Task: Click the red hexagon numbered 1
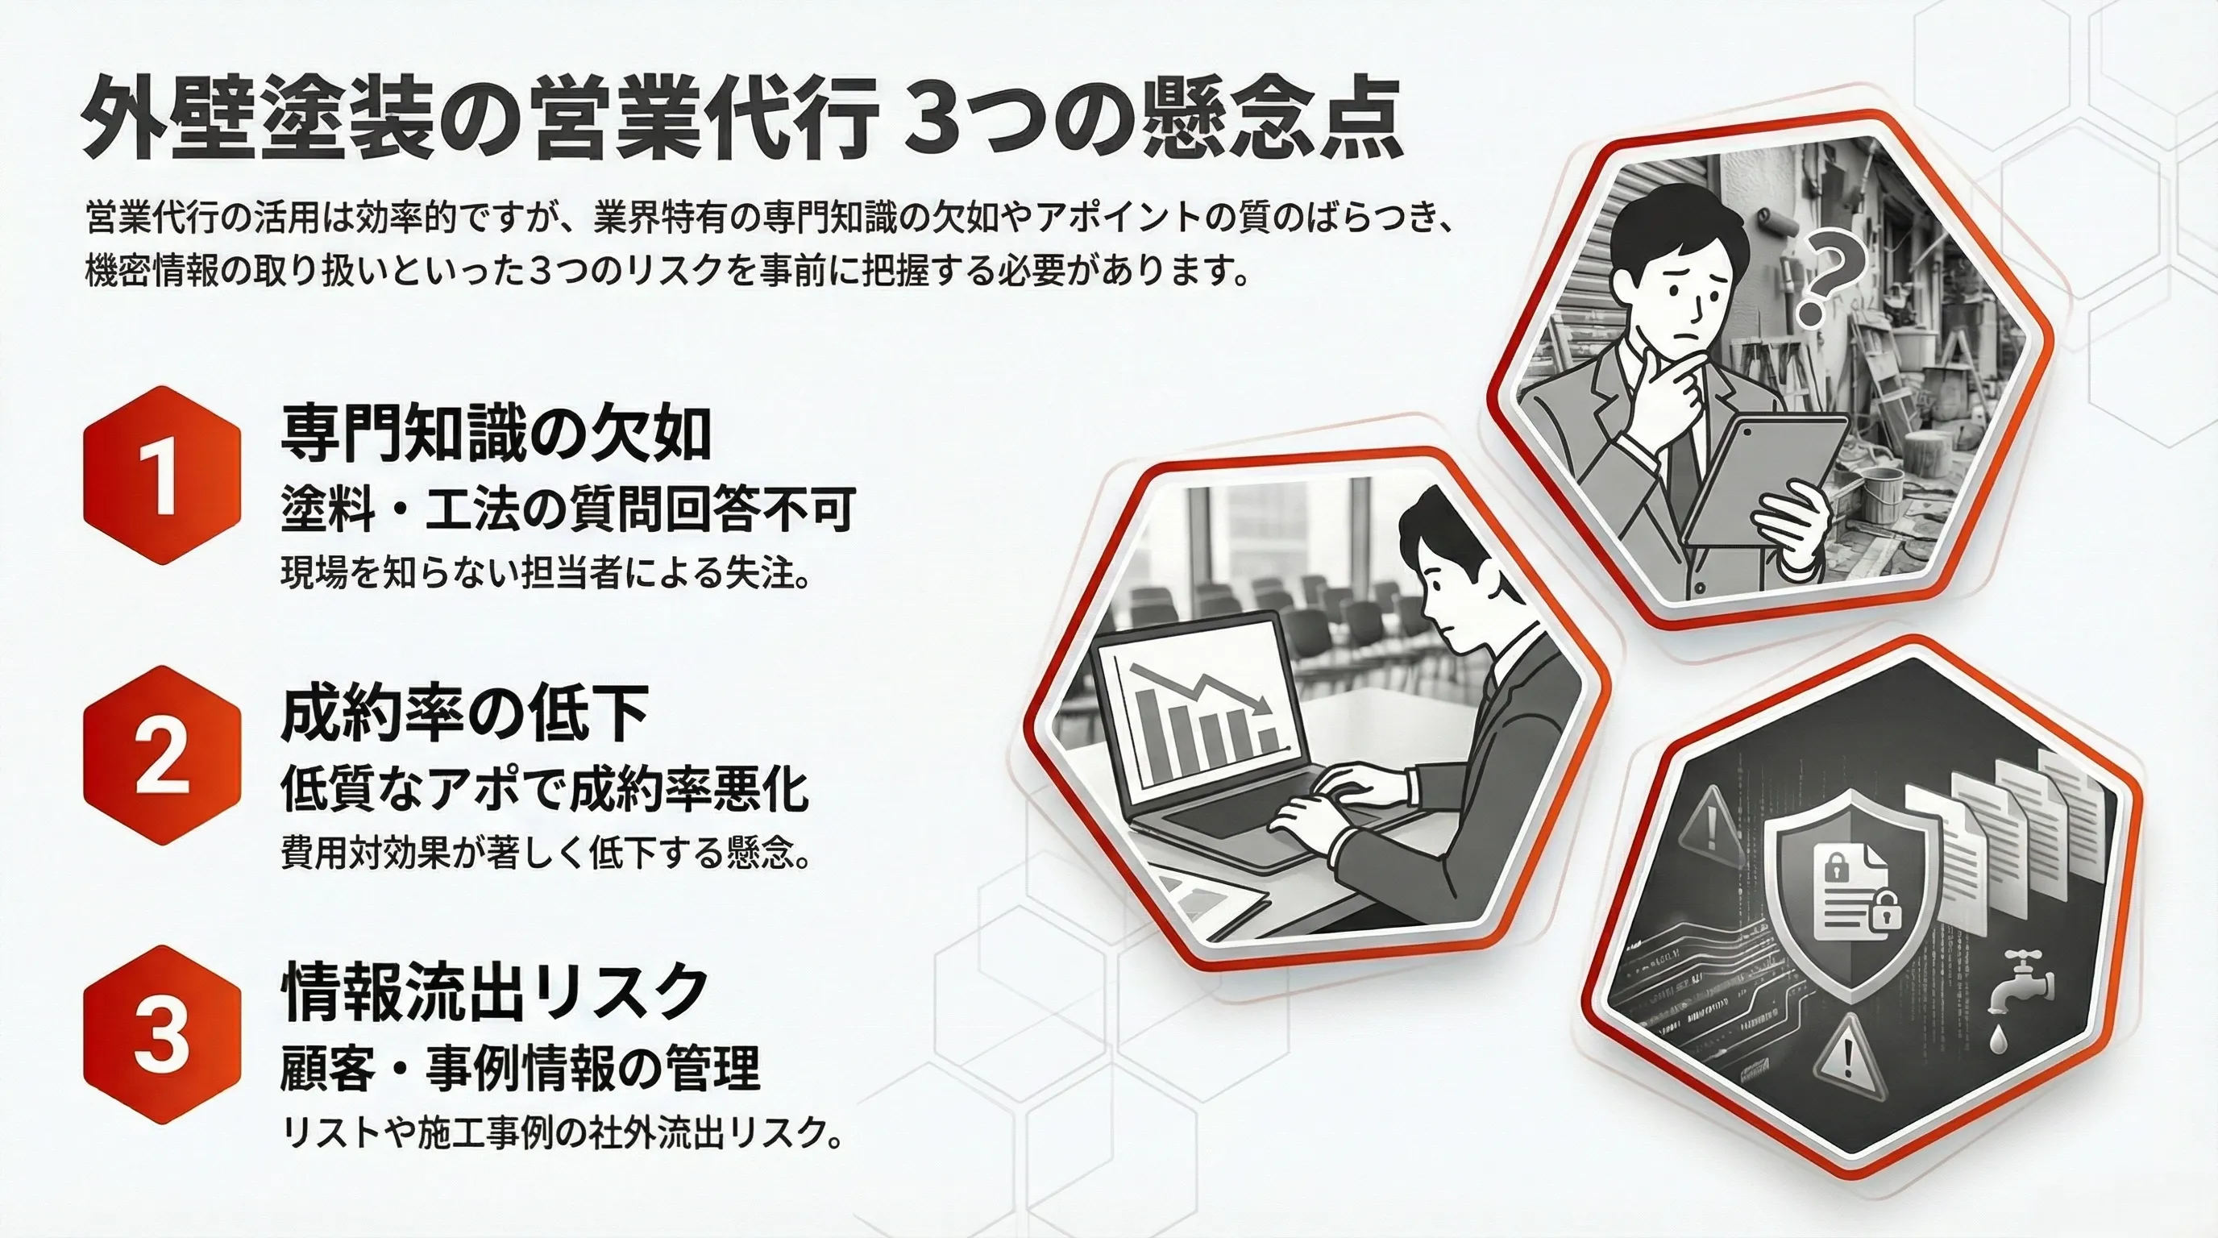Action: pos(161,476)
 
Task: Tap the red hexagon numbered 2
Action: pos(161,756)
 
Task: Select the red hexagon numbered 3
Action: pos(161,1035)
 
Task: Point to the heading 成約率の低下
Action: pos(464,715)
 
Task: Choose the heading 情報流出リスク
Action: pos(494,993)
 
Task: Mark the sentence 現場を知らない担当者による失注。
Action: pos(545,573)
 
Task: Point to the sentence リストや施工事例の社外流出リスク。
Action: pos(562,1134)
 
